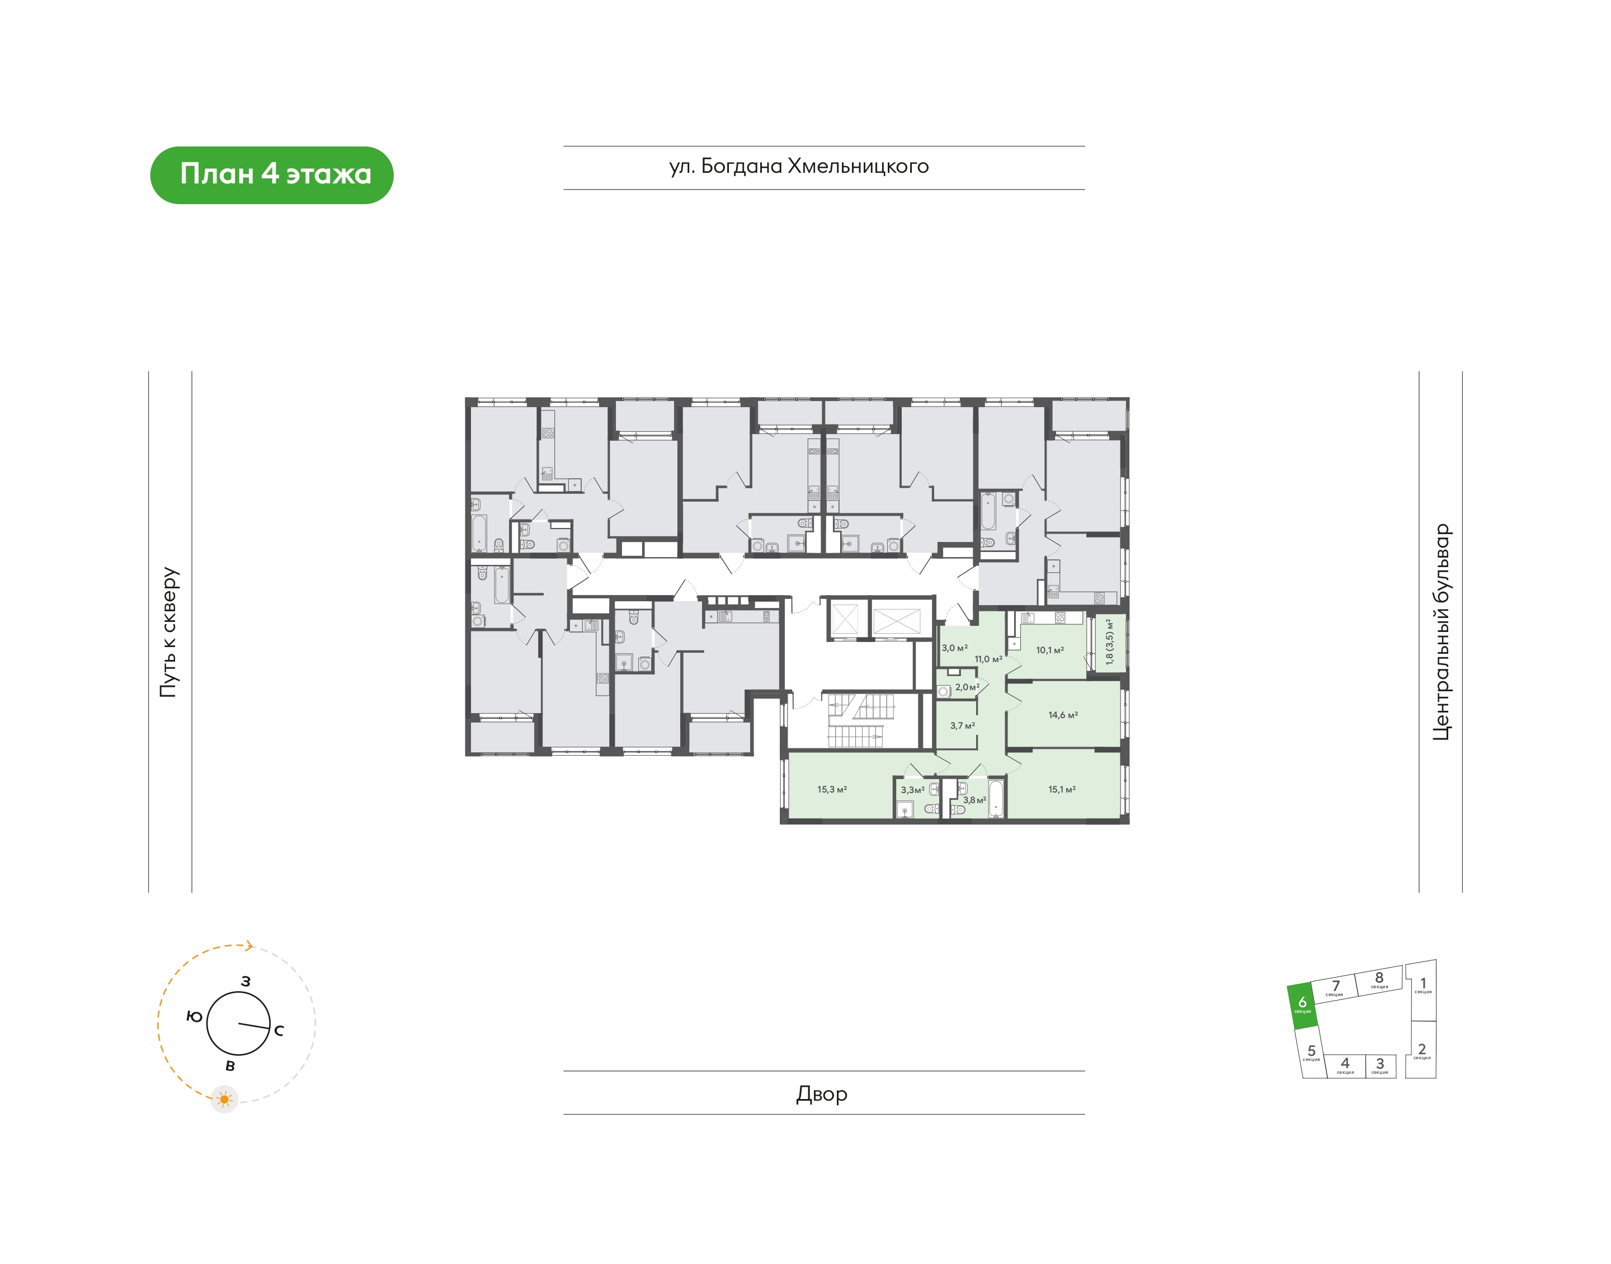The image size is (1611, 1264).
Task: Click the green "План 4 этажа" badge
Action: coord(272,174)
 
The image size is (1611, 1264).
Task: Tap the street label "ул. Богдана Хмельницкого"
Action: coord(798,167)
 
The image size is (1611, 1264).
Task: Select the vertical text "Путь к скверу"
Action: coord(169,632)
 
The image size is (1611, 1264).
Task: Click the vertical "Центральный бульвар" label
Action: coord(1442,632)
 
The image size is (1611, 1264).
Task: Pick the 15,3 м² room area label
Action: coord(832,790)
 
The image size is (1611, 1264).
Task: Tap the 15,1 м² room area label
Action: coord(1062,790)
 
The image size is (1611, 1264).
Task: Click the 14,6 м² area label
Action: coord(1063,715)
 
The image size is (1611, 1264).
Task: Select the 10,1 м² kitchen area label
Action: coord(1050,650)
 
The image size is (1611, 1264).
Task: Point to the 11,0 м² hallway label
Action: coord(988,659)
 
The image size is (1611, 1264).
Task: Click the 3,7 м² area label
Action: coord(963,725)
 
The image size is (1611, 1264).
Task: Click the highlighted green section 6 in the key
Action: coord(1302,1006)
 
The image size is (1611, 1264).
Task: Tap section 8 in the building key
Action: coord(1379,980)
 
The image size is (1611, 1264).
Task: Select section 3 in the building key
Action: coord(1380,1065)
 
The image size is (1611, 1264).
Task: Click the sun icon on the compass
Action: coord(224,1100)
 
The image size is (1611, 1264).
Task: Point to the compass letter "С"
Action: coord(279,1030)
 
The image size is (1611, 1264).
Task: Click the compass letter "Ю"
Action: coord(194,1017)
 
